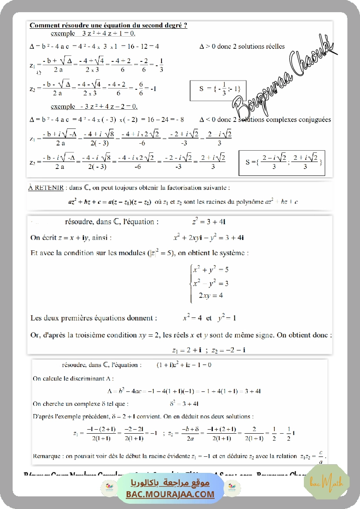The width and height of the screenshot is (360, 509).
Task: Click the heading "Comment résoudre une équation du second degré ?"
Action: (x=108, y=26)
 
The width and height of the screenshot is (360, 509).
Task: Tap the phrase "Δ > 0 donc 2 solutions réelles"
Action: (x=242, y=46)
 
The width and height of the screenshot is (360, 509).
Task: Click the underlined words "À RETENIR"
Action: (x=45, y=188)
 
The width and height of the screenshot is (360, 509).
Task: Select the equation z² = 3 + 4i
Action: (x=209, y=222)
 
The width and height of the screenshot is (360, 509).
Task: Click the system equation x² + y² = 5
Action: (x=211, y=270)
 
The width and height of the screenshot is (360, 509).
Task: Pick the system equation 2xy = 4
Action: (x=211, y=295)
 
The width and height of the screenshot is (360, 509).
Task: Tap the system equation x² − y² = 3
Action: (x=211, y=283)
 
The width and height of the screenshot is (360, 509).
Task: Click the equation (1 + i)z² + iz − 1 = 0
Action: (x=184, y=365)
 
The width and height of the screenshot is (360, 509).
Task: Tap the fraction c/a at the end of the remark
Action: (x=321, y=455)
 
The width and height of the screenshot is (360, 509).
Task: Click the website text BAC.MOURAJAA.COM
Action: (x=170, y=494)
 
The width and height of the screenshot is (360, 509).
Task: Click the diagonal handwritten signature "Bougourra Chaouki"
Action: (x=283, y=78)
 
